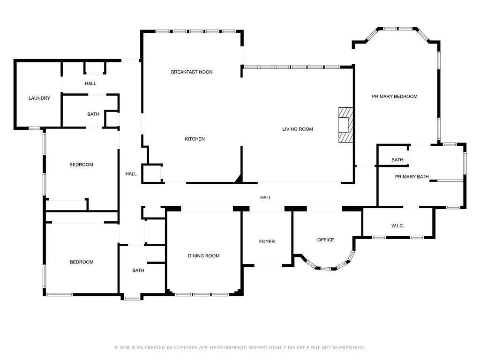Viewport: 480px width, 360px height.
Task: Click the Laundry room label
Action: (39, 98)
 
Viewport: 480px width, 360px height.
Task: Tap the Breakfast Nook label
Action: (192, 72)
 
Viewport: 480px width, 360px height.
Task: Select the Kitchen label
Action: (195, 139)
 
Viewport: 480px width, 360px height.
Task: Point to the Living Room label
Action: (298, 129)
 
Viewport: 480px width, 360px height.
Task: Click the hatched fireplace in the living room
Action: (345, 125)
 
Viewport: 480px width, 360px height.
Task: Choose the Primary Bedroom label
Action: (395, 97)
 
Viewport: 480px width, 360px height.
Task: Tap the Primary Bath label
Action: (412, 177)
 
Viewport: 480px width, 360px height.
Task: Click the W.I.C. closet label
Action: (397, 226)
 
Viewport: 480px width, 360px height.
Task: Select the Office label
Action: (325, 240)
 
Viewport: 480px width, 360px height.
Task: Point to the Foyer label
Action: (267, 241)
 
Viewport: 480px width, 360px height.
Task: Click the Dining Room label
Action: (203, 256)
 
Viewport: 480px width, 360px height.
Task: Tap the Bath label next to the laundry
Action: (93, 114)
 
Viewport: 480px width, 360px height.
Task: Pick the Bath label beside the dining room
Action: (138, 270)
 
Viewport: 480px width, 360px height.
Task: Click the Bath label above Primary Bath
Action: (397, 160)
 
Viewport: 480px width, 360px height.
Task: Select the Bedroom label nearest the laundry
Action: (81, 165)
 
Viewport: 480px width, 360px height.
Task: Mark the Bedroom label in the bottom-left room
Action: (82, 262)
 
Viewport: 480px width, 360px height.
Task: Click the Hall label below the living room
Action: (266, 198)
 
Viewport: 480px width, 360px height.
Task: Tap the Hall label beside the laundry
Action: (90, 83)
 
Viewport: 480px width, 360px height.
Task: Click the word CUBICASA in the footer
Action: (186, 347)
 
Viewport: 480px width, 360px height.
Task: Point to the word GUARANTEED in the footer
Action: (349, 347)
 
